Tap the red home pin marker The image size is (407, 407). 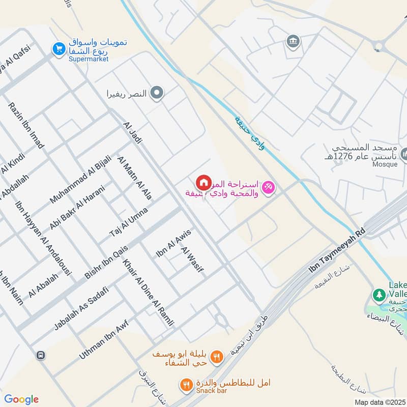(203, 183)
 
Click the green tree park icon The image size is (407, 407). (379, 294)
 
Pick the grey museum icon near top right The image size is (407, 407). (293, 41)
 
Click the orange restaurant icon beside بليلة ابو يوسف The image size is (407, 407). (217, 357)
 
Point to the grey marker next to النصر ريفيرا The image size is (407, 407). (158, 93)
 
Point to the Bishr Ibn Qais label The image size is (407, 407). (106, 261)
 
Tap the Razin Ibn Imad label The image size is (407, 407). (26, 125)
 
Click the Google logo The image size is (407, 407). (21, 399)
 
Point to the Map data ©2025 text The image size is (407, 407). (379, 402)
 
